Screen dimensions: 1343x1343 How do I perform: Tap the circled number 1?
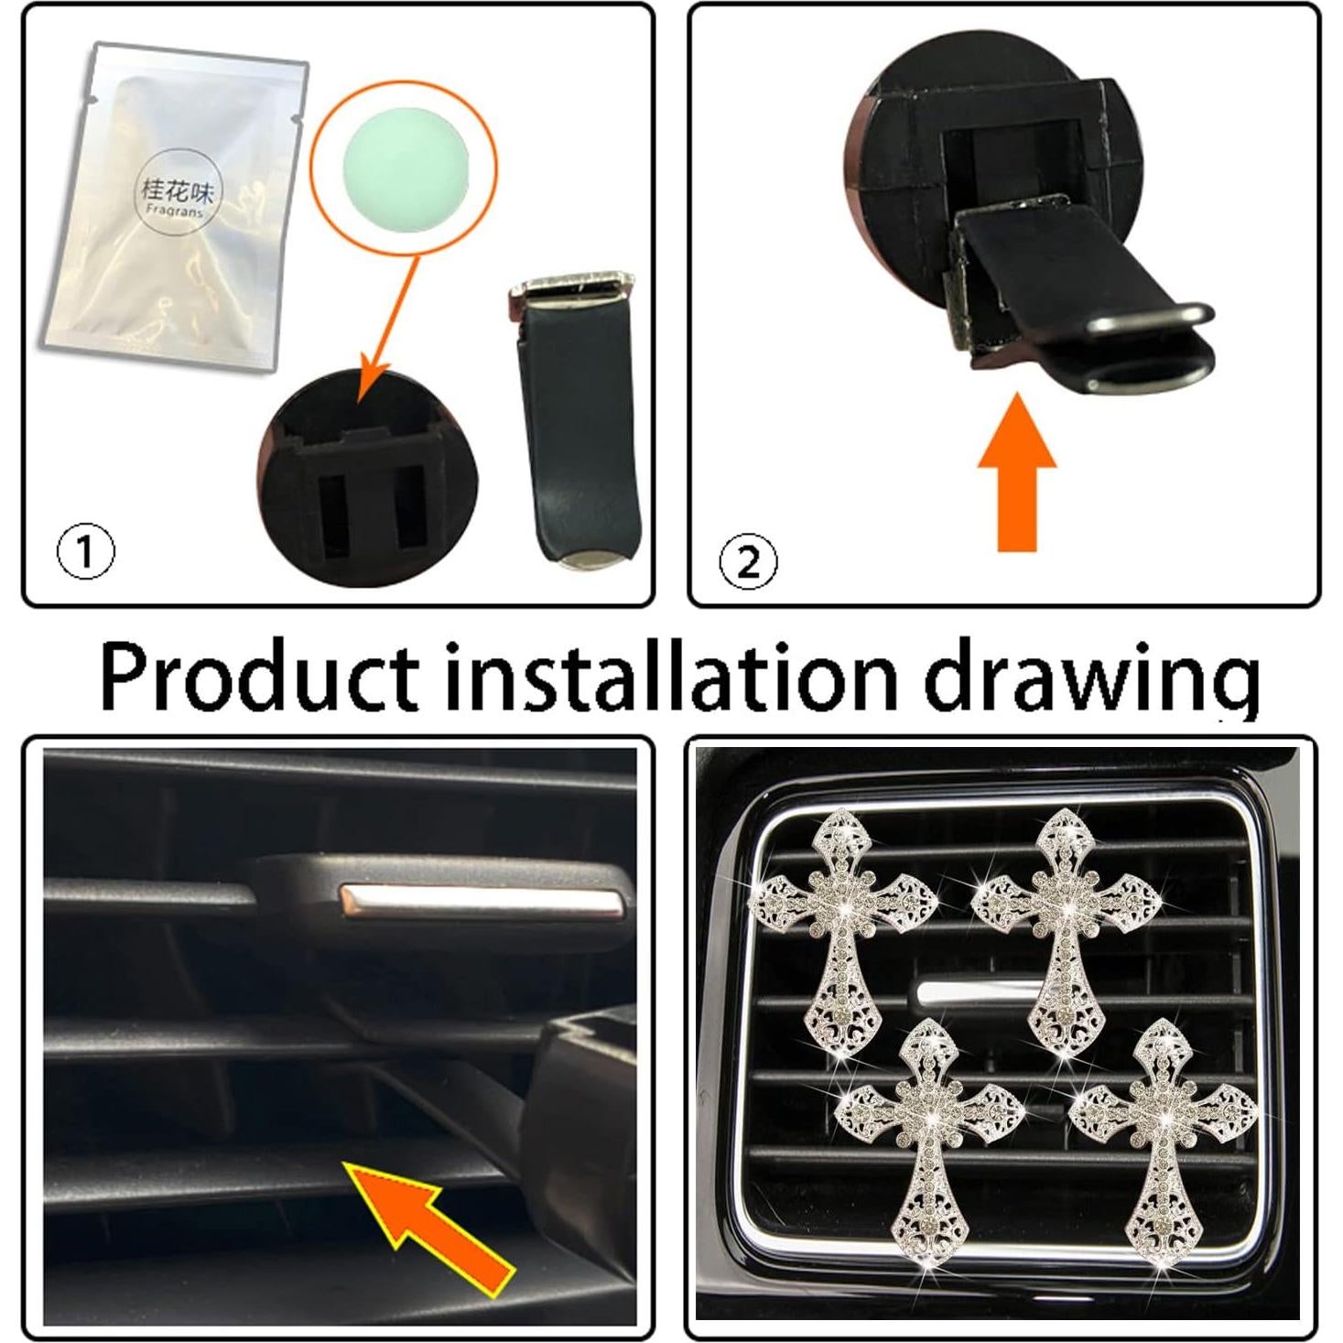point(86,551)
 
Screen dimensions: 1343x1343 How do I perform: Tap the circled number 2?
point(748,562)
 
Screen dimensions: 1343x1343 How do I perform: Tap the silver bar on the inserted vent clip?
point(480,902)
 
